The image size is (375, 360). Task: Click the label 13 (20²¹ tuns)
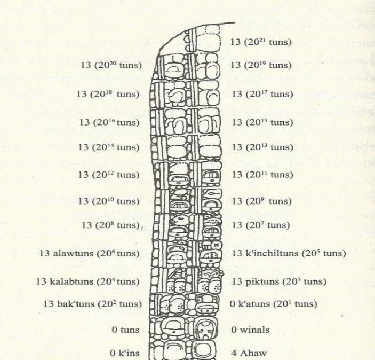[x=261, y=42]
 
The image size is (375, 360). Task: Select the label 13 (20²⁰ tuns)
[x=111, y=65]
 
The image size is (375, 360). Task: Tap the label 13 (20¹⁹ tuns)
[x=261, y=65]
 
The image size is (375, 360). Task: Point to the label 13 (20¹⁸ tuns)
[x=108, y=94]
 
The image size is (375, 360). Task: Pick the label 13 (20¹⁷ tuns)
[x=262, y=94]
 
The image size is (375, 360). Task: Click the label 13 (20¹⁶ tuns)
[x=109, y=122]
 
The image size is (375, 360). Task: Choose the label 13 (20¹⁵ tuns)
[x=262, y=122]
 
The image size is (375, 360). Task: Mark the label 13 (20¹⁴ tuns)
[x=109, y=147]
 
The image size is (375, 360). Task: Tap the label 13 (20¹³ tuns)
[x=262, y=147]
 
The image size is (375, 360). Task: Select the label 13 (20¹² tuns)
[x=109, y=175]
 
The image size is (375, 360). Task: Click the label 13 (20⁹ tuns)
[x=261, y=201]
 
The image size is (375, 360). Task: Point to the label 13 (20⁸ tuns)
[x=111, y=225]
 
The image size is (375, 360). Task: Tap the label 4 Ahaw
[x=249, y=353]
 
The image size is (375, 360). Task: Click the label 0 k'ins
[x=125, y=353]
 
